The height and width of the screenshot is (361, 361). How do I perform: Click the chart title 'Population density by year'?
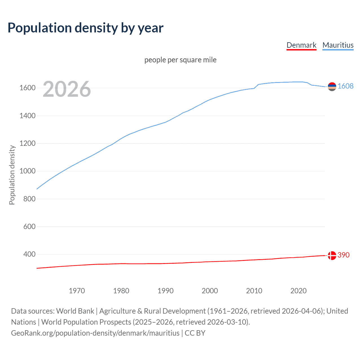[85, 28]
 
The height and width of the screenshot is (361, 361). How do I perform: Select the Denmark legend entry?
[301, 45]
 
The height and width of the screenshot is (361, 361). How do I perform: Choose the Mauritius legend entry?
[338, 45]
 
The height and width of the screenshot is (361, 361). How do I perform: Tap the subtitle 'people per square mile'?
[180, 60]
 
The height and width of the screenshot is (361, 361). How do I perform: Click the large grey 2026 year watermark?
[67, 89]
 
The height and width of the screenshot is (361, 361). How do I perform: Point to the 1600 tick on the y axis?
[27, 88]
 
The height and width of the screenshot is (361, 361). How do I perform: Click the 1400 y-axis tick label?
[27, 116]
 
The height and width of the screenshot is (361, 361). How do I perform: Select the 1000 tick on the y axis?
[27, 171]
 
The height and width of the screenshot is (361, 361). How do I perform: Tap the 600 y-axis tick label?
[29, 226]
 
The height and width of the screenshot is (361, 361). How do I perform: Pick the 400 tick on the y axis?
[29, 254]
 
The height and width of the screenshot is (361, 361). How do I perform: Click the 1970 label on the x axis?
[77, 291]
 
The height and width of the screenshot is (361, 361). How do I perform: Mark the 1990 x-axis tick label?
[166, 291]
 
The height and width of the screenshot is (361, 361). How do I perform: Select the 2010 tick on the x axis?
[254, 291]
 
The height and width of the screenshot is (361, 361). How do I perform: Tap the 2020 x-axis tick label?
[298, 291]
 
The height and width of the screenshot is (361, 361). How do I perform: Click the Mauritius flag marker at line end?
[332, 87]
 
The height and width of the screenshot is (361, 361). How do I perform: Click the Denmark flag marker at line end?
[332, 256]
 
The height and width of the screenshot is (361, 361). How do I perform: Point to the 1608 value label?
[345, 86]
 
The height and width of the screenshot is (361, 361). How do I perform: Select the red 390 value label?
[344, 255]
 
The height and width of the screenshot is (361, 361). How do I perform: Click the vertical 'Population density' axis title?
[12, 175]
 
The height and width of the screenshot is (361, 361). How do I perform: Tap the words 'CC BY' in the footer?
[195, 333]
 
